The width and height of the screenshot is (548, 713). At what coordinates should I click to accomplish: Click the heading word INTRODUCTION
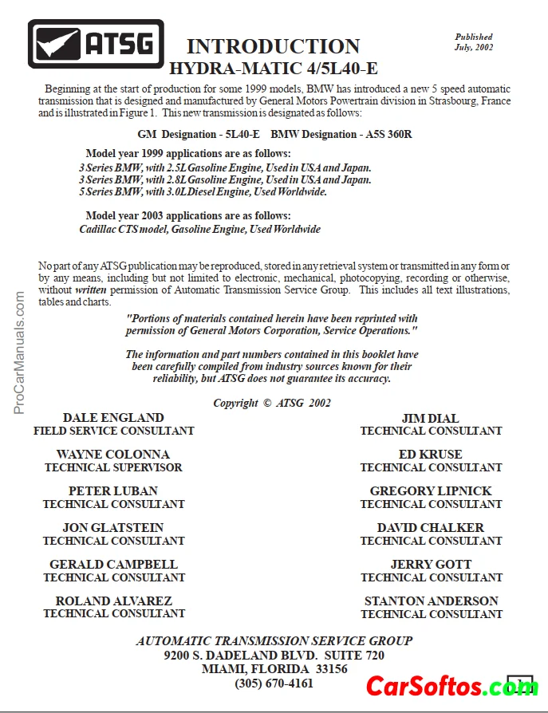pos(273,46)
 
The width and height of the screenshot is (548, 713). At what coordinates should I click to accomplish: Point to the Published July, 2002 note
pos(474,42)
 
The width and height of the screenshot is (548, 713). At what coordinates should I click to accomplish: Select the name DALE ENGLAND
pos(113,417)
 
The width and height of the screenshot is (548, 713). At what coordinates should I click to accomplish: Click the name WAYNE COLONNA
pos(113,455)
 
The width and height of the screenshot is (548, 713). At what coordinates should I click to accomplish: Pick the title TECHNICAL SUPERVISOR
pos(113,467)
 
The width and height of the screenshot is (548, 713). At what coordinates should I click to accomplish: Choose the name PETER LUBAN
pos(113,491)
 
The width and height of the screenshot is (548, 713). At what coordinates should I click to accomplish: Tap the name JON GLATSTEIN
pos(113,528)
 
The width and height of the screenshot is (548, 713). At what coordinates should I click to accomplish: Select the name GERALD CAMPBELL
pos(113,565)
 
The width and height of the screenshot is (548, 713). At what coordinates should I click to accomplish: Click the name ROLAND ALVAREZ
pos(113,601)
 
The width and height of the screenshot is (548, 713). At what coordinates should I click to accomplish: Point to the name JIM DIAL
pos(431,417)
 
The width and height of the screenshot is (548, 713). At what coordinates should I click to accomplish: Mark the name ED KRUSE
pos(431,455)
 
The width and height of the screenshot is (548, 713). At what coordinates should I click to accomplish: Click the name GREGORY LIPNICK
pos(431,491)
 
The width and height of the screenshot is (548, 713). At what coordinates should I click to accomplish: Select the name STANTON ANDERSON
pos(431,601)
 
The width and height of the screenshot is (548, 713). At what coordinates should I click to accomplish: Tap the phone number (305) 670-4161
pos(274,683)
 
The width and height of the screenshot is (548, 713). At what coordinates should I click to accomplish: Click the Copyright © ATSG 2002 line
pos(272,403)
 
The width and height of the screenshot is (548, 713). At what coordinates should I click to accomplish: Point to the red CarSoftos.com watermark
pos(451,686)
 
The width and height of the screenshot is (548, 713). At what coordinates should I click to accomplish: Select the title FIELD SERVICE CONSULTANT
pos(113,431)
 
